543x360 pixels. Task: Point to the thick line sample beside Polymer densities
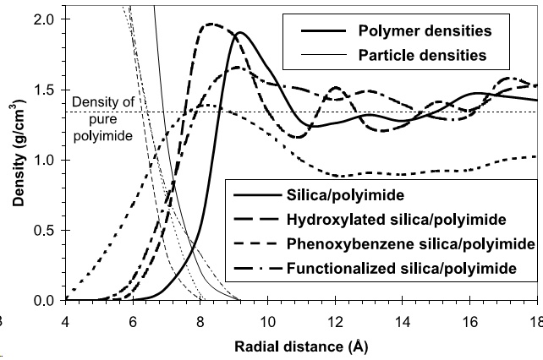click(x=316, y=32)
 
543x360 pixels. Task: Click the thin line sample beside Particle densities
click(x=316, y=56)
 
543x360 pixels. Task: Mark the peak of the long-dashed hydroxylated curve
click(x=211, y=25)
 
